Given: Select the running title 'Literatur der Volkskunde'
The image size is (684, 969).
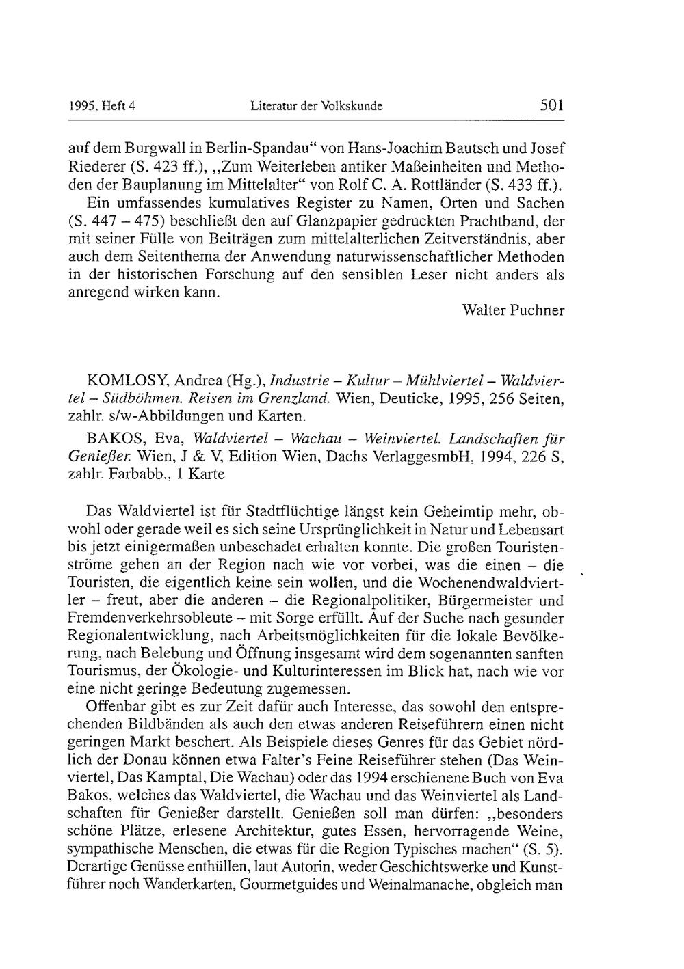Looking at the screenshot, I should click(316, 107).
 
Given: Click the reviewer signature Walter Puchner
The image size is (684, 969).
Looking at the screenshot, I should click(514, 310).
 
